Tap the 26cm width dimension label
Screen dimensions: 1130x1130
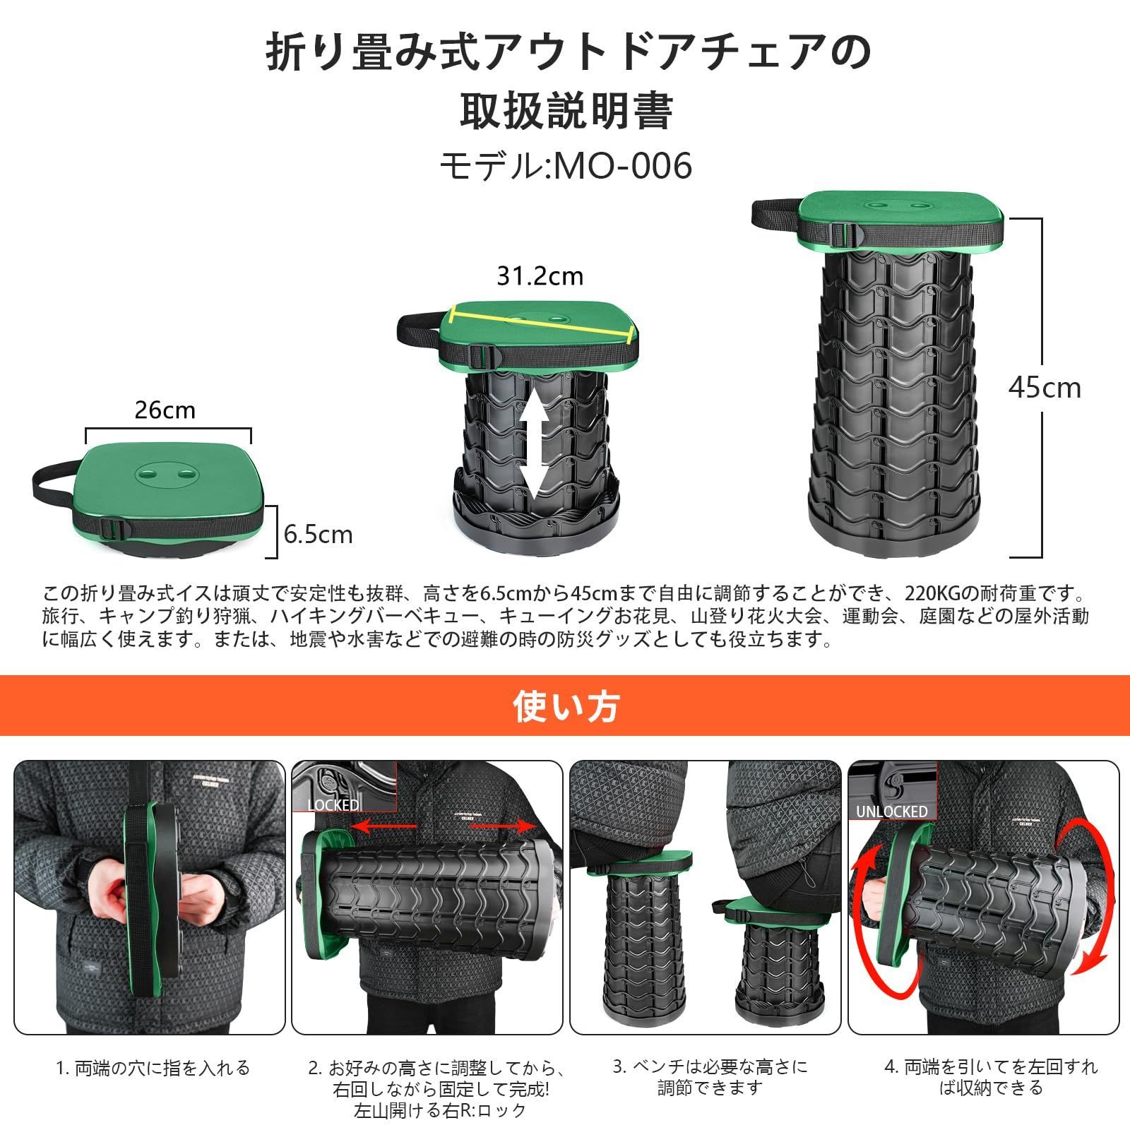coord(165,410)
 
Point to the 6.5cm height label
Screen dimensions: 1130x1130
coord(318,534)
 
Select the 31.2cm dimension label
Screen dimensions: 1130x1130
coord(540,275)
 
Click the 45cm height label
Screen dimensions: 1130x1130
coord(1045,388)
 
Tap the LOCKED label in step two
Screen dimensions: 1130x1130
coord(333,805)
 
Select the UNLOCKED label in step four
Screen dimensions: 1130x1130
coord(891,811)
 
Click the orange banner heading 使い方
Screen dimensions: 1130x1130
coord(566,706)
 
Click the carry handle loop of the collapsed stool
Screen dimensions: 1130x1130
coord(51,487)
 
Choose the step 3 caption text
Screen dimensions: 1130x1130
coord(710,1078)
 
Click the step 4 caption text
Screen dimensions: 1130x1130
coord(991,1078)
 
